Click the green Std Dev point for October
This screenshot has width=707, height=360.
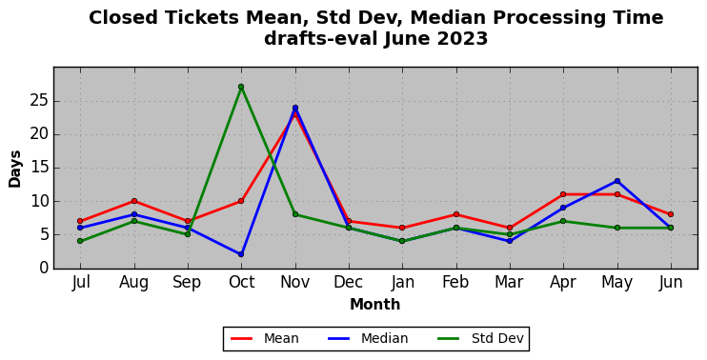click(241, 87)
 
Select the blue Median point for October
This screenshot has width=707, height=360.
click(241, 254)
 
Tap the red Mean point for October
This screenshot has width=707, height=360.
click(241, 201)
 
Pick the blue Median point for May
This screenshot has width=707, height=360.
click(617, 181)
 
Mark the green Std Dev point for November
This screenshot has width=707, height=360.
click(295, 214)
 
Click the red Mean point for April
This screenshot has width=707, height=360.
click(563, 194)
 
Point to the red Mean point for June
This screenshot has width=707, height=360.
click(671, 214)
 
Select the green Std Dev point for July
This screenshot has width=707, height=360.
click(80, 241)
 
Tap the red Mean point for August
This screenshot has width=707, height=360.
click(134, 201)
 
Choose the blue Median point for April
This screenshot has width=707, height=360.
click(563, 208)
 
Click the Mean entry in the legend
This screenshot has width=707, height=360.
click(265, 338)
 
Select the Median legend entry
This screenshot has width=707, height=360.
click(369, 338)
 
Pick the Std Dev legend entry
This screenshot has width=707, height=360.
click(480, 338)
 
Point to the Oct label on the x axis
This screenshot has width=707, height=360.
click(241, 283)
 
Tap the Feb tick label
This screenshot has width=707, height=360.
click(455, 283)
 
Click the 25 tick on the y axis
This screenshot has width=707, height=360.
click(39, 101)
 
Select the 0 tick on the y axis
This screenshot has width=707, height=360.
click(44, 268)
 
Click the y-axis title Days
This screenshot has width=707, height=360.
click(15, 170)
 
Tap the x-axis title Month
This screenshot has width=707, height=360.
click(375, 305)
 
